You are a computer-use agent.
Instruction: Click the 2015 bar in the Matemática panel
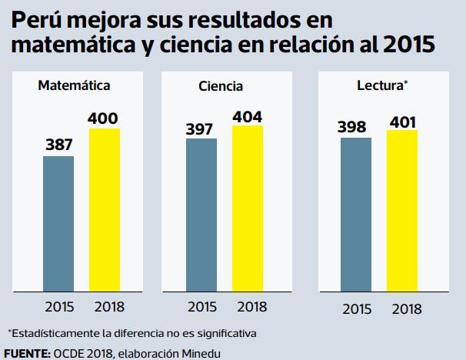(58, 224)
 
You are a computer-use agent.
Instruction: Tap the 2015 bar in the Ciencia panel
(201, 215)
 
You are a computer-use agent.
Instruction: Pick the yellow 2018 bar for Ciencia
(247, 208)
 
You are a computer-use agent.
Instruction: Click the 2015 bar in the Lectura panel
(356, 215)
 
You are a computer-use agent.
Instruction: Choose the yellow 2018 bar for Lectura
(401, 212)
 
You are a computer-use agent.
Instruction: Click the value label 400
(105, 118)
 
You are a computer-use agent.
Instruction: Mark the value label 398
(356, 127)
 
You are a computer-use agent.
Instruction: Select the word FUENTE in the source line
(25, 353)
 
